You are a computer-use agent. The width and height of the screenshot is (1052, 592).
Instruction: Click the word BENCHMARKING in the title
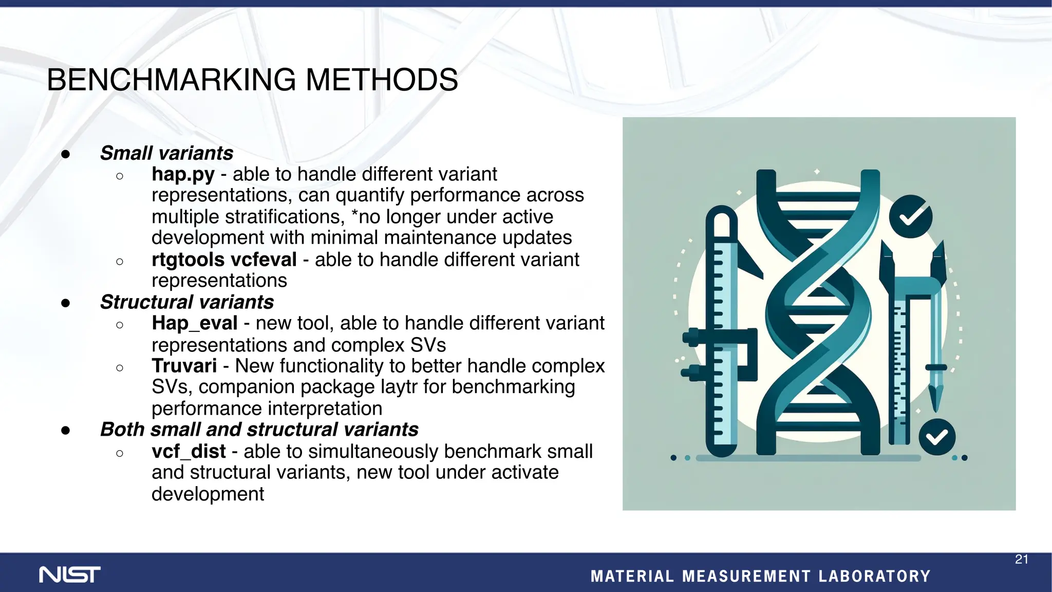172,80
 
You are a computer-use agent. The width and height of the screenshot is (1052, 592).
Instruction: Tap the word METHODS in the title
382,80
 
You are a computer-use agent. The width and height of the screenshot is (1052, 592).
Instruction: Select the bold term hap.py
183,175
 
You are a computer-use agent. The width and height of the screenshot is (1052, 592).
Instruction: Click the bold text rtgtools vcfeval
224,260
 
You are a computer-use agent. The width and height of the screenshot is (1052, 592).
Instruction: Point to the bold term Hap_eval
195,323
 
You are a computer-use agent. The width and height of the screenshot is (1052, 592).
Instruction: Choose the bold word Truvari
184,366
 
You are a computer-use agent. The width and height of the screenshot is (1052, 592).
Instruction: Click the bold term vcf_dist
189,451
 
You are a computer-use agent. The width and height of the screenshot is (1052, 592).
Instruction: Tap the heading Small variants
166,153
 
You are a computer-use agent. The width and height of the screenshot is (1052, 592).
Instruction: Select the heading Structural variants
186,302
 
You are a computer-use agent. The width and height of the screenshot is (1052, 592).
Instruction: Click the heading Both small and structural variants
259,430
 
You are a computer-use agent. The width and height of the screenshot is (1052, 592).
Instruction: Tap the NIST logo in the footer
70,575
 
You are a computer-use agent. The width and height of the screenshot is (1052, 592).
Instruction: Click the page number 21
1021,560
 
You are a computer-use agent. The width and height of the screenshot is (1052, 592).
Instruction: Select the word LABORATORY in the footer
874,576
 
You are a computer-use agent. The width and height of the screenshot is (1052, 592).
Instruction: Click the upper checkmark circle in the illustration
910,216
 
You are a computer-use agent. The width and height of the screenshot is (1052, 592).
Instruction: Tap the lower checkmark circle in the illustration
937,437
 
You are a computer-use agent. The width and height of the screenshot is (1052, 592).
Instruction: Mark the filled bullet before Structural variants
65,303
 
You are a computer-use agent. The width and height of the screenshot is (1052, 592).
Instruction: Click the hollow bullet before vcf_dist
120,453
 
